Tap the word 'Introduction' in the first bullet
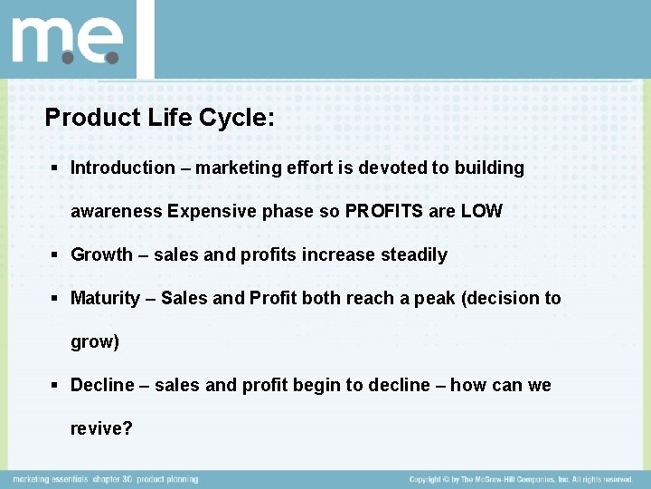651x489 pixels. click(123, 168)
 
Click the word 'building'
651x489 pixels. click(489, 168)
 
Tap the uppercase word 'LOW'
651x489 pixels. click(483, 211)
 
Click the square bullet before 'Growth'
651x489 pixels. click(57, 255)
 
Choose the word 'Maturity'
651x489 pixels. click(105, 298)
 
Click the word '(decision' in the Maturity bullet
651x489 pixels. click(499, 298)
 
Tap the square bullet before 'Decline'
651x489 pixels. click(57, 386)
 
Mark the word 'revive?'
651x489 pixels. click(101, 428)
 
